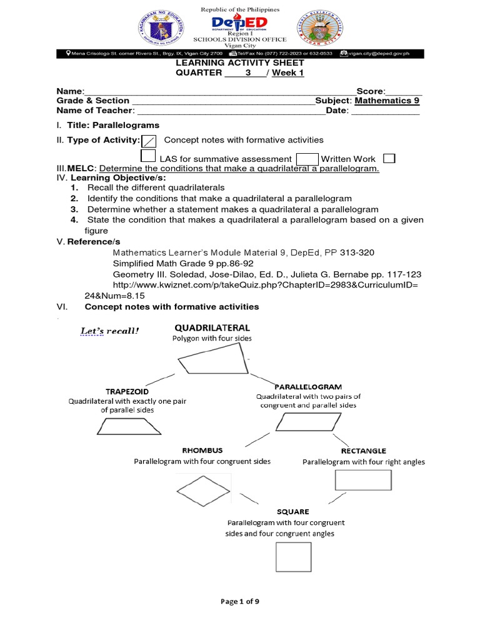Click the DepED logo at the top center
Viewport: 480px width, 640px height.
pyautogui.click(x=240, y=23)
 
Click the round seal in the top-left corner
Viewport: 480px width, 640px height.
pyautogui.click(x=158, y=31)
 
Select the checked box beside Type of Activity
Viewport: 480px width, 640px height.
pyautogui.click(x=149, y=141)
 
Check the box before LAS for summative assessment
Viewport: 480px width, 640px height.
pyautogui.click(x=149, y=157)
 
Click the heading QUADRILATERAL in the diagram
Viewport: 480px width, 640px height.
pyautogui.click(x=212, y=327)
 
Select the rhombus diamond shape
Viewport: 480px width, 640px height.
pyautogui.click(x=198, y=489)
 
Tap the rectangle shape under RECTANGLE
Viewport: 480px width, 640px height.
pyautogui.click(x=363, y=480)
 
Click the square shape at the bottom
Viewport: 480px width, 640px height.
pyautogui.click(x=293, y=556)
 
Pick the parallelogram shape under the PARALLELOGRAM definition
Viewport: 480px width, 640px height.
pyautogui.click(x=301, y=423)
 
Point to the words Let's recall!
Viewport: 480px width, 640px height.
pyautogui.click(x=109, y=331)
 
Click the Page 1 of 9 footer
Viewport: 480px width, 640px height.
pyautogui.click(x=239, y=601)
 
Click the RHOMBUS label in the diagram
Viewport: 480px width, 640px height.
pyautogui.click(x=202, y=450)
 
